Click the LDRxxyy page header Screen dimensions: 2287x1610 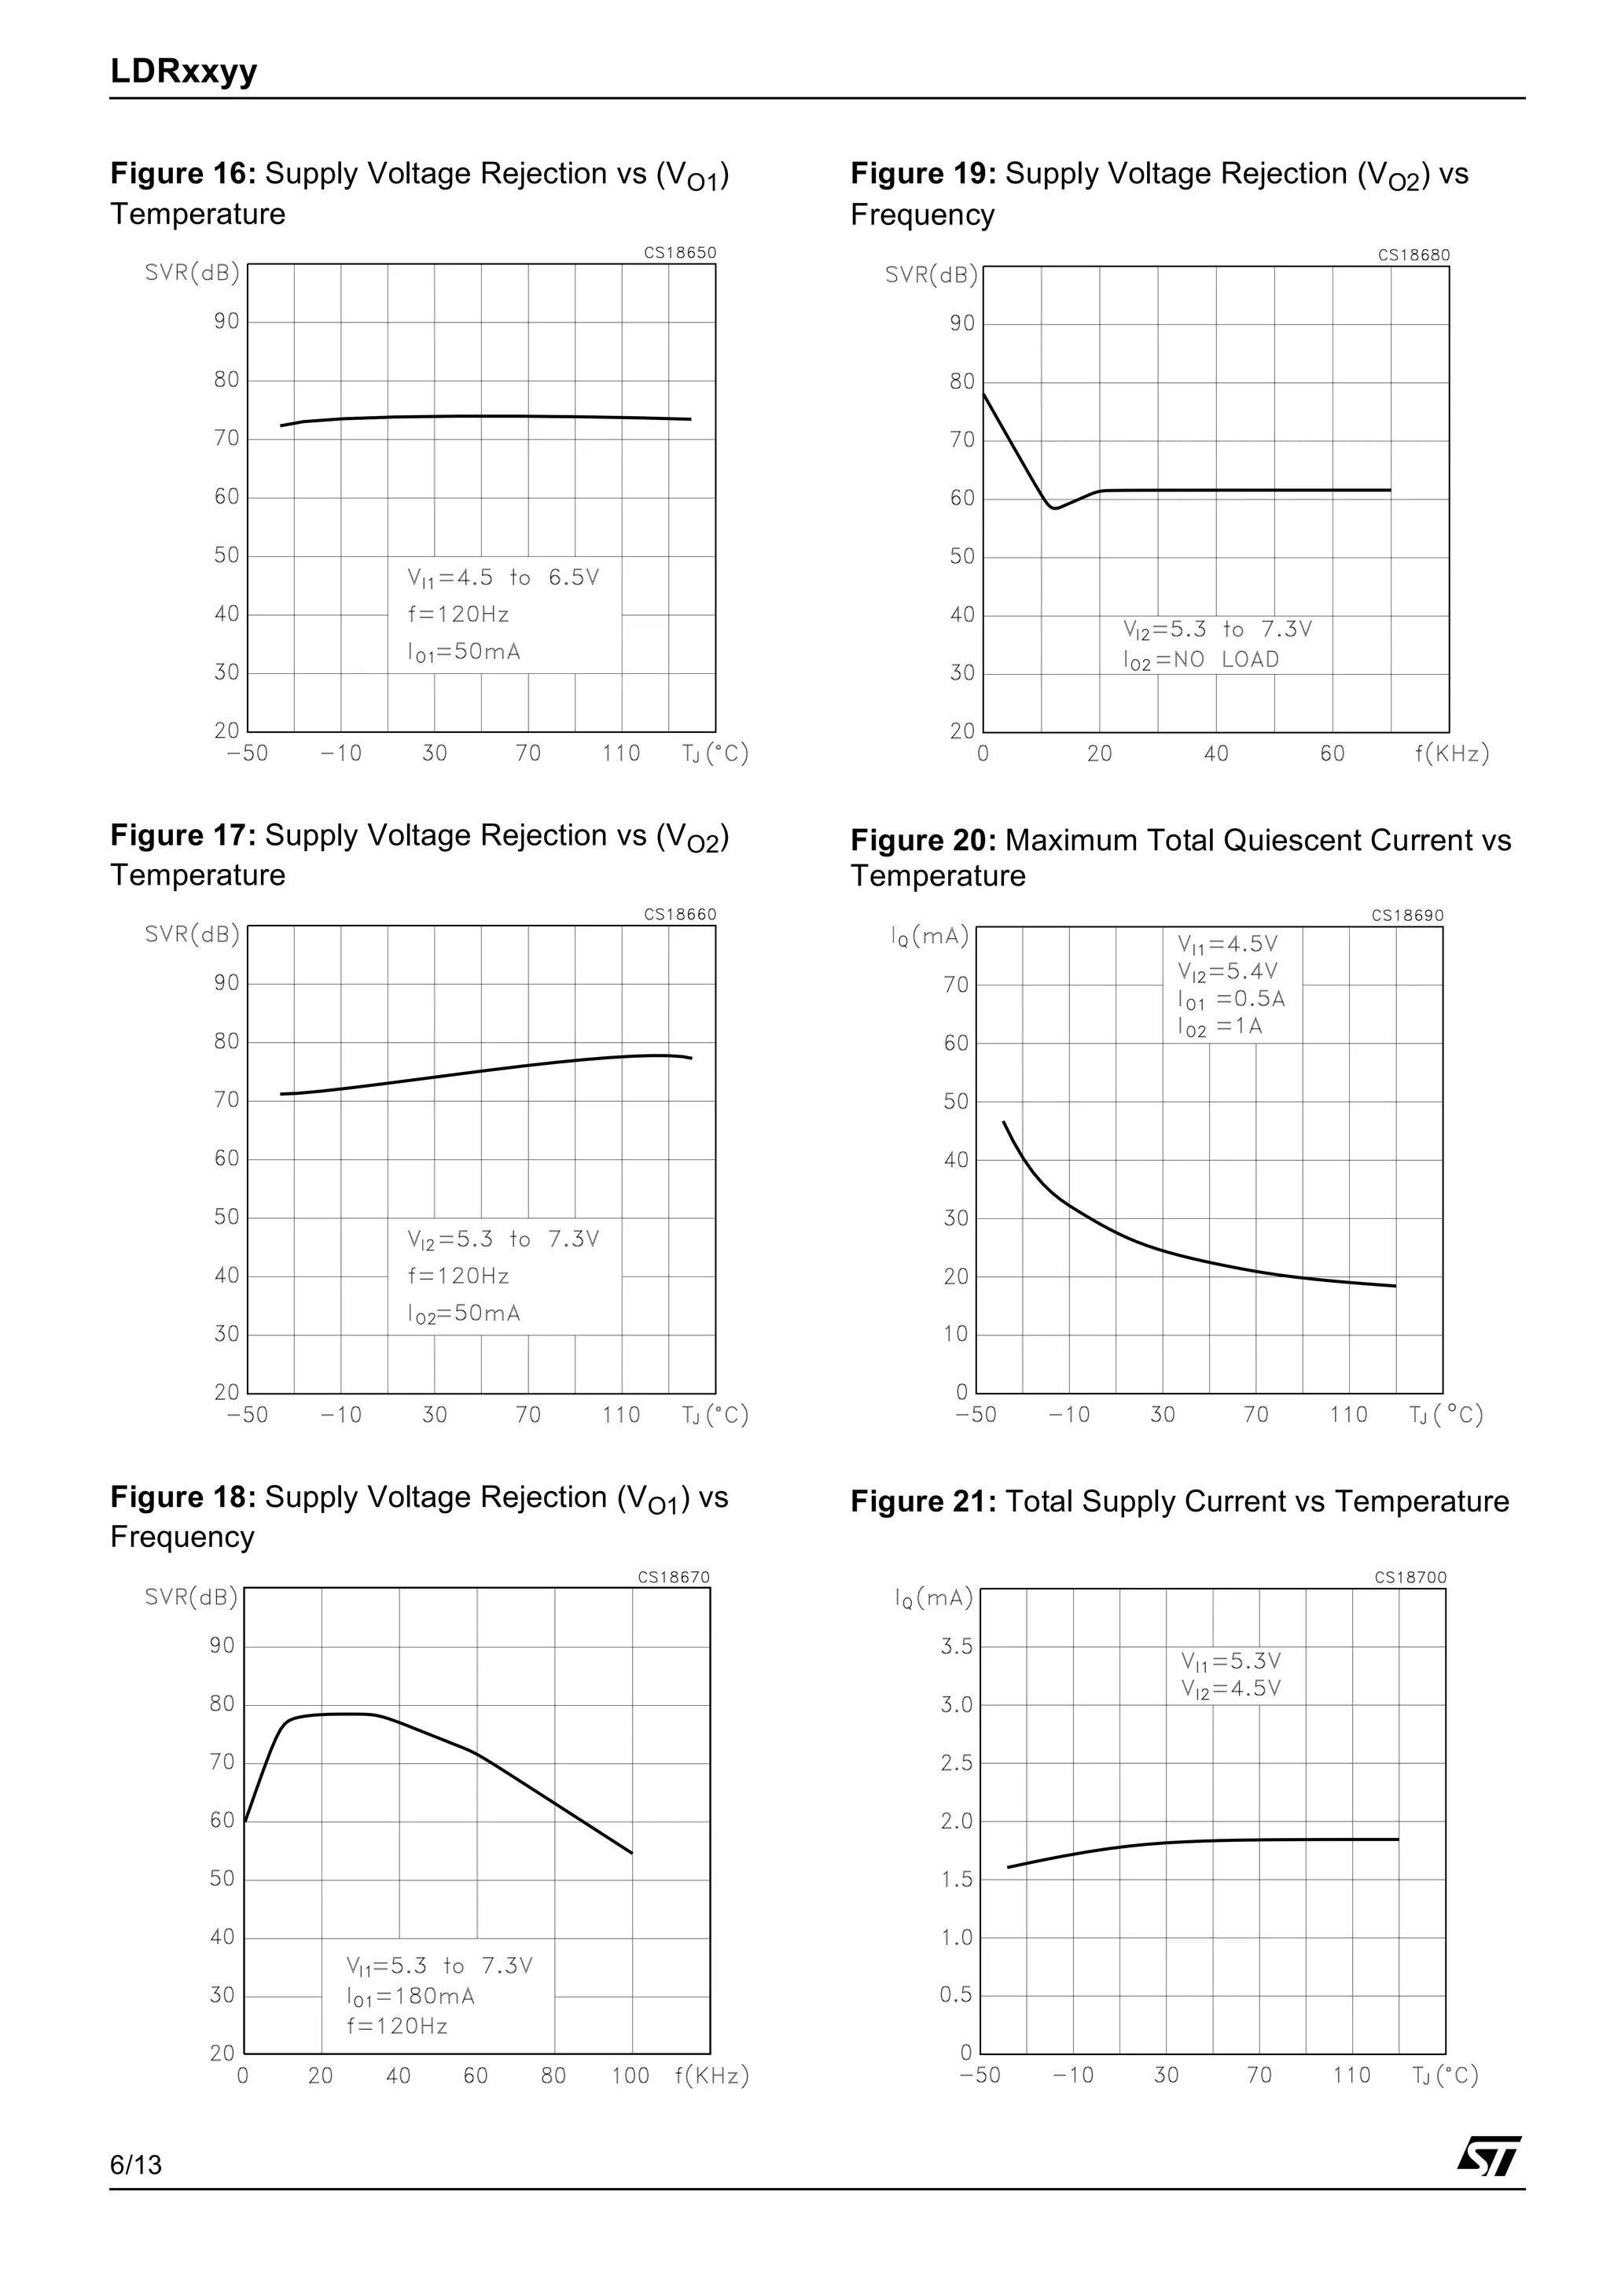[x=183, y=71]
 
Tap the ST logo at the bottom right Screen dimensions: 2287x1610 [x=1488, y=2156]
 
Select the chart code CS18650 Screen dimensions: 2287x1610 [x=679, y=253]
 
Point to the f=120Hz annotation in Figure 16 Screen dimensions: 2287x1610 [x=458, y=614]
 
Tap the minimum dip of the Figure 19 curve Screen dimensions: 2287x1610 [x=1054, y=508]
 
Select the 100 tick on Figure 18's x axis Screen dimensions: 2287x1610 [x=630, y=2075]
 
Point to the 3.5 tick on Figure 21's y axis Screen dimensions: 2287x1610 [x=956, y=1647]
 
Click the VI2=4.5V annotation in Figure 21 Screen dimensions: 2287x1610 [x=1230, y=1689]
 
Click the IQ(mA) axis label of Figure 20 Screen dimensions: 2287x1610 [x=930, y=937]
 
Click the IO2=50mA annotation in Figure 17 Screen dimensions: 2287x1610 [x=463, y=1314]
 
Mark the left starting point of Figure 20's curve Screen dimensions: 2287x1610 [x=1004, y=1122]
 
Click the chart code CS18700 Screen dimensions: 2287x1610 [x=1410, y=1578]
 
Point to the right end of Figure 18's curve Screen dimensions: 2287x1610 [x=631, y=1853]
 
